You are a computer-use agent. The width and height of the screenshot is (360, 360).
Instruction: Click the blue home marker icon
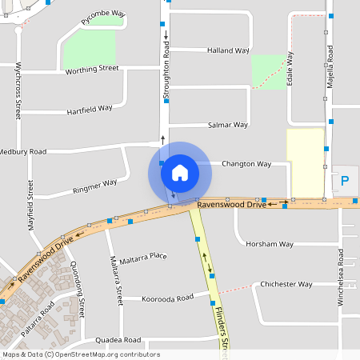tap(180, 172)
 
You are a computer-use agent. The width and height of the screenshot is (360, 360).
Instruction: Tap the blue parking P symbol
tap(345, 182)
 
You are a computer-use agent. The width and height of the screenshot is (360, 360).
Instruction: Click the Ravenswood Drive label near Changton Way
tap(231, 205)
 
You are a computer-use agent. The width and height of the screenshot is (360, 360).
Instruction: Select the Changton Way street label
tap(246, 163)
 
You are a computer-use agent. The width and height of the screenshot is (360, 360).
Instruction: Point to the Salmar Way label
tap(227, 125)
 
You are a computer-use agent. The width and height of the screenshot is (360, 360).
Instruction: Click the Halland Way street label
tap(228, 50)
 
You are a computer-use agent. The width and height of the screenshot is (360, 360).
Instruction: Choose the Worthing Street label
tap(91, 70)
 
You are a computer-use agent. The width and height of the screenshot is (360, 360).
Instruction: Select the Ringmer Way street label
tap(94, 186)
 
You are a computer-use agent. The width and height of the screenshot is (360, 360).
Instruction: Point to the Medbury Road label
tap(22, 150)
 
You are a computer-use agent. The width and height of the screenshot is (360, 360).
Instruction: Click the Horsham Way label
tap(270, 243)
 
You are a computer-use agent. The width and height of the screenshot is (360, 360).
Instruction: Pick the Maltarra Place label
tap(144, 256)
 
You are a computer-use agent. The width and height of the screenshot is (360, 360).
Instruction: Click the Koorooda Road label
tap(168, 298)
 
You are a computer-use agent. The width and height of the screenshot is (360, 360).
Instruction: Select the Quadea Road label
tap(118, 339)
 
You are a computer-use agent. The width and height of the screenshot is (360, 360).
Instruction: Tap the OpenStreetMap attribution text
tap(81, 354)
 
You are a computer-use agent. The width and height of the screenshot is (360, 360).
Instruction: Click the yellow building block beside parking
tap(305, 162)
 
